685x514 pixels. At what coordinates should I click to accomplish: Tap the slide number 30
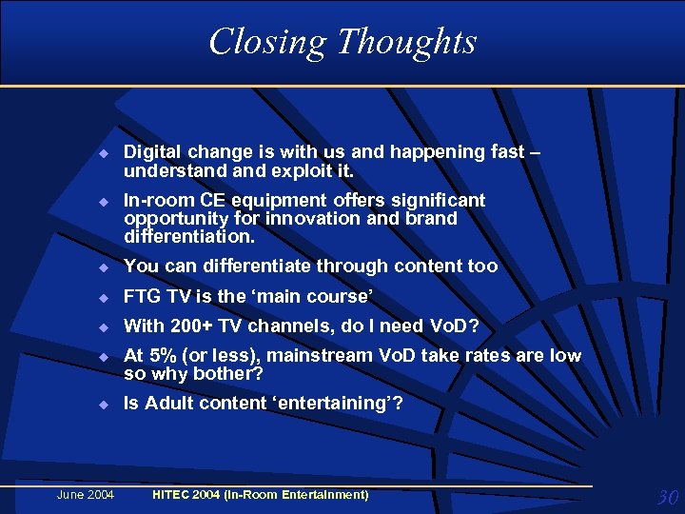tap(666, 497)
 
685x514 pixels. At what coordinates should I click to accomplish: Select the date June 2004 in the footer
tap(86, 495)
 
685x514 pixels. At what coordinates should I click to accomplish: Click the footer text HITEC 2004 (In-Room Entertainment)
tap(261, 495)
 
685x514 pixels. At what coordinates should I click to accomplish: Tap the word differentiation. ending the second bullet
tap(189, 235)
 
